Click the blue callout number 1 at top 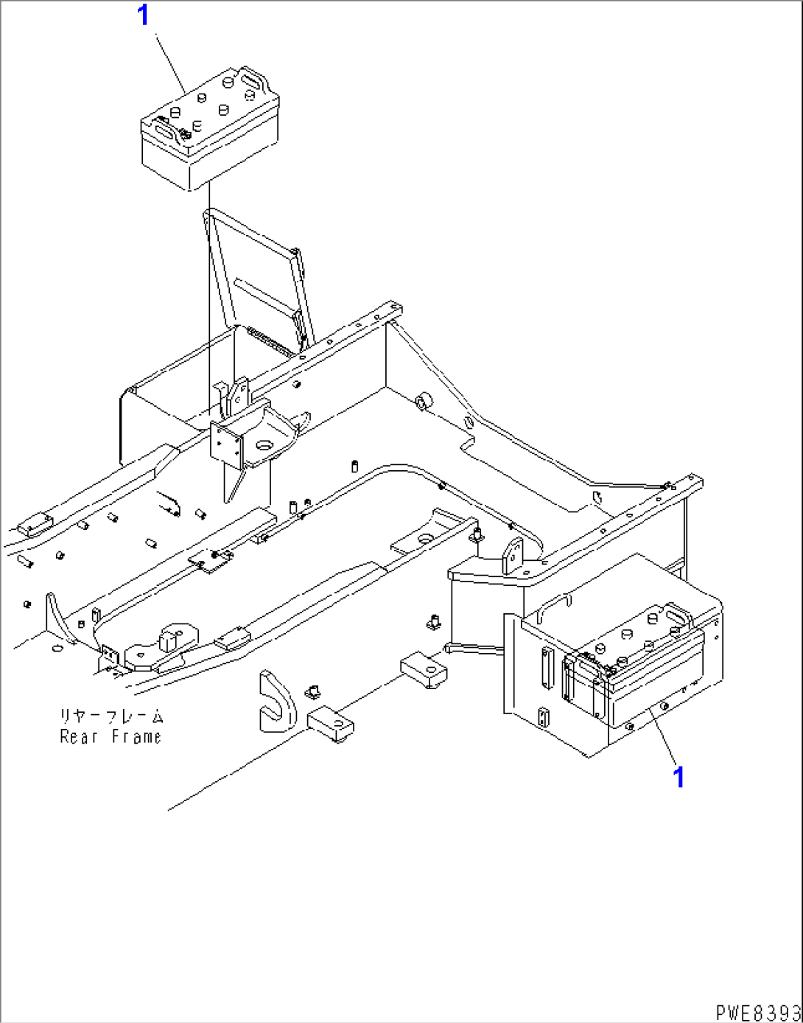pyautogui.click(x=143, y=15)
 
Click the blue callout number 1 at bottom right pyautogui.click(x=678, y=776)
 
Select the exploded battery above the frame pyautogui.click(x=210, y=128)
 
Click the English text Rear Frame pyautogui.click(x=111, y=737)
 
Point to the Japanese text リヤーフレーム pyautogui.click(x=111, y=716)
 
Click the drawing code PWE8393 pyautogui.click(x=758, y=1011)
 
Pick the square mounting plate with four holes pyautogui.click(x=227, y=444)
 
